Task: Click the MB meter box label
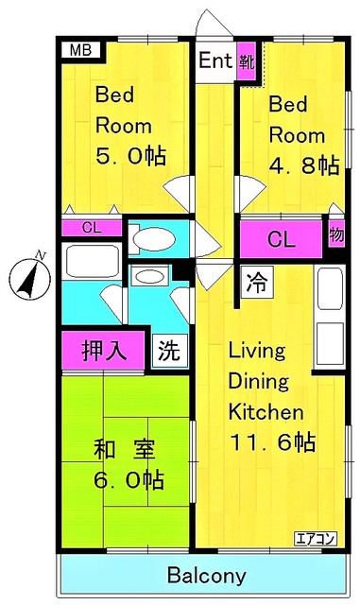[79, 51]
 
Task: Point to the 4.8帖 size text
[304, 164]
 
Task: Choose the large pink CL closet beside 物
[281, 239]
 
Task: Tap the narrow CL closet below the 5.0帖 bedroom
[91, 228]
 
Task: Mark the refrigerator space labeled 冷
[255, 282]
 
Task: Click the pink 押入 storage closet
[103, 351]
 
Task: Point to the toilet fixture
[155, 239]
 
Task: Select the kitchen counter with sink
[330, 319]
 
